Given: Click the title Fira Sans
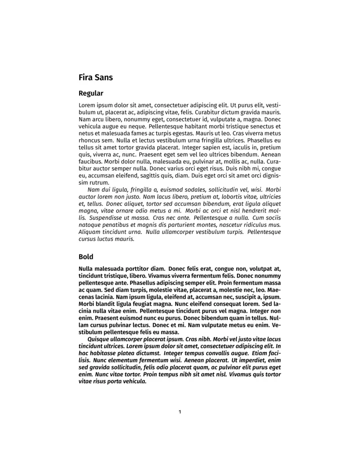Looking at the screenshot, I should [x=95, y=77].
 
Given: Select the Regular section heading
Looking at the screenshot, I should [x=91, y=94].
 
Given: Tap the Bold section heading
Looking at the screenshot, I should [x=86, y=257].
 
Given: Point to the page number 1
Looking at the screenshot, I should [x=180, y=412].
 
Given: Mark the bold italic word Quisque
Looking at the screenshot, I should [x=100, y=339].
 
